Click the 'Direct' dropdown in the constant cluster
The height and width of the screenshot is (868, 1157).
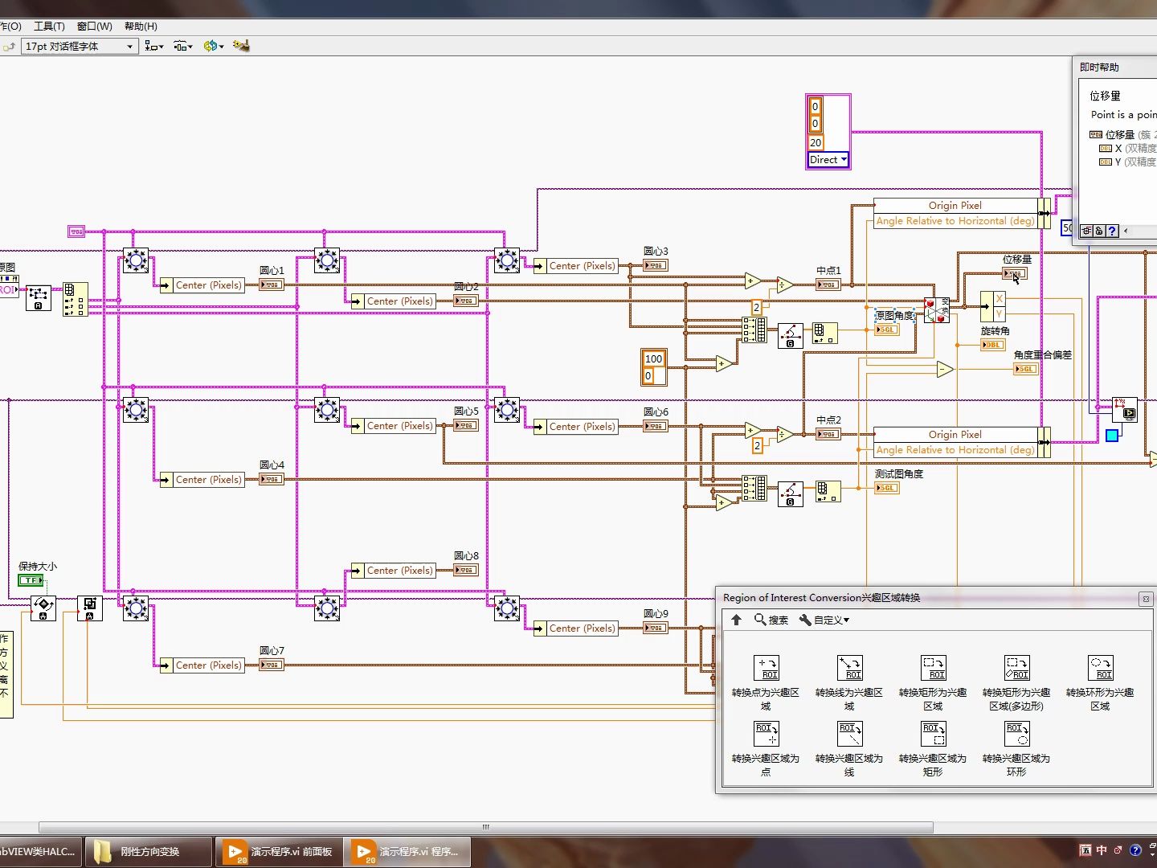828,160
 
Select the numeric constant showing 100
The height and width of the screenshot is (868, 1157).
653,359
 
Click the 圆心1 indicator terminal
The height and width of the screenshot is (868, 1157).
271,285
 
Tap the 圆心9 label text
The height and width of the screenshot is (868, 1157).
656,614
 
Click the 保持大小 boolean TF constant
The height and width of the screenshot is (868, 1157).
31,580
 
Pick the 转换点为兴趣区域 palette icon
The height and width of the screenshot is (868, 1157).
766,668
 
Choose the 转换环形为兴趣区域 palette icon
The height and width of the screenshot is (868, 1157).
1100,668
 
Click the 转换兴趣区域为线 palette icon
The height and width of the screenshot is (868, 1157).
849,734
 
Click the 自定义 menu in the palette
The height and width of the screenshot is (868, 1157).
824,620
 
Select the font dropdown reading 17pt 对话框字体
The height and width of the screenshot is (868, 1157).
79,47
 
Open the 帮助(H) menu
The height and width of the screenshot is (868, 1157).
141,27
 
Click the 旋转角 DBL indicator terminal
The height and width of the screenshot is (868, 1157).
992,345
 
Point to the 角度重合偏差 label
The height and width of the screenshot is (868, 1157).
1042,355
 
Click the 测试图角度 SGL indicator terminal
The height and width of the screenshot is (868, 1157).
886,488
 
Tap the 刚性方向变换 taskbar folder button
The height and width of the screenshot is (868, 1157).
149,852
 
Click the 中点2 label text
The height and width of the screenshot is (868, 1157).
828,420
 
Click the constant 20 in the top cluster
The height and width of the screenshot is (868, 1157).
816,143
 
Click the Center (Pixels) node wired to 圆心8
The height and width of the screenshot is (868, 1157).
399,571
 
